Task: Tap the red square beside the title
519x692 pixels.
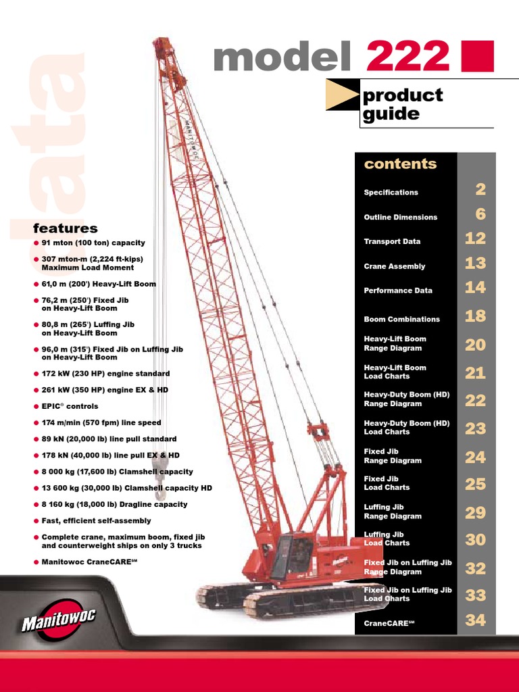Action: (x=477, y=56)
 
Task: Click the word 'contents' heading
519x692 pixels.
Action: (x=400, y=164)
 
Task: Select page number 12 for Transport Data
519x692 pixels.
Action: (x=475, y=239)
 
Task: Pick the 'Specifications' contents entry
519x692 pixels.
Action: (x=391, y=193)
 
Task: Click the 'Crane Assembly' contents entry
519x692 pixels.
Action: (x=394, y=266)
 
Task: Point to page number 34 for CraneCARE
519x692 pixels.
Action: (x=475, y=620)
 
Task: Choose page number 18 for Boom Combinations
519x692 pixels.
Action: (x=475, y=316)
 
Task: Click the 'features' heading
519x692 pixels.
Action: (x=66, y=228)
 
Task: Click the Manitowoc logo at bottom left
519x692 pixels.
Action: (x=59, y=619)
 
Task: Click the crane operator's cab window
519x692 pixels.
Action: (x=282, y=554)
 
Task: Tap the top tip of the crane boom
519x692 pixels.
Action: (x=159, y=43)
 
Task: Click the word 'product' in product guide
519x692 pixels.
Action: (x=403, y=95)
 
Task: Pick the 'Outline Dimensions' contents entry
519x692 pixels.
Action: (x=400, y=217)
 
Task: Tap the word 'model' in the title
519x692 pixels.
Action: (x=282, y=57)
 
